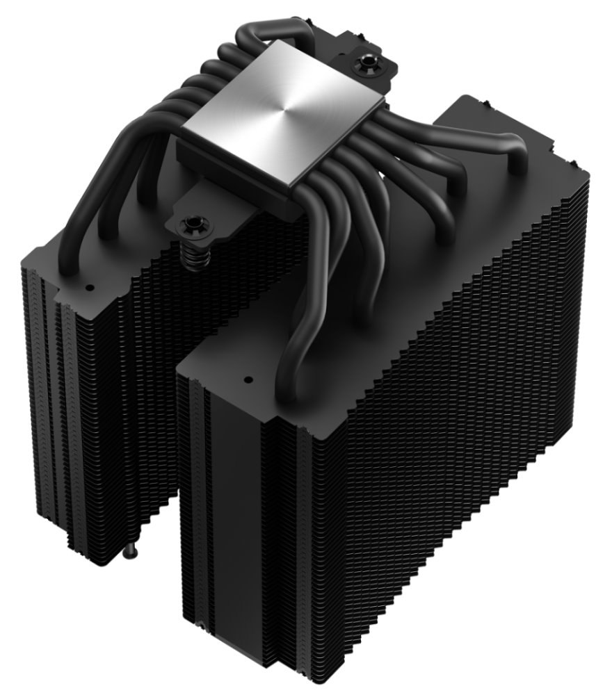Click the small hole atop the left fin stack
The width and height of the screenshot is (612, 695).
88,286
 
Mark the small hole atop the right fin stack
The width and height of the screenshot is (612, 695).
247,380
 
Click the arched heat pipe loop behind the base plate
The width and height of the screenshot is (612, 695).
264,31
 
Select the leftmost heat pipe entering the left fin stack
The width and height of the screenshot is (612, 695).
70,229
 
